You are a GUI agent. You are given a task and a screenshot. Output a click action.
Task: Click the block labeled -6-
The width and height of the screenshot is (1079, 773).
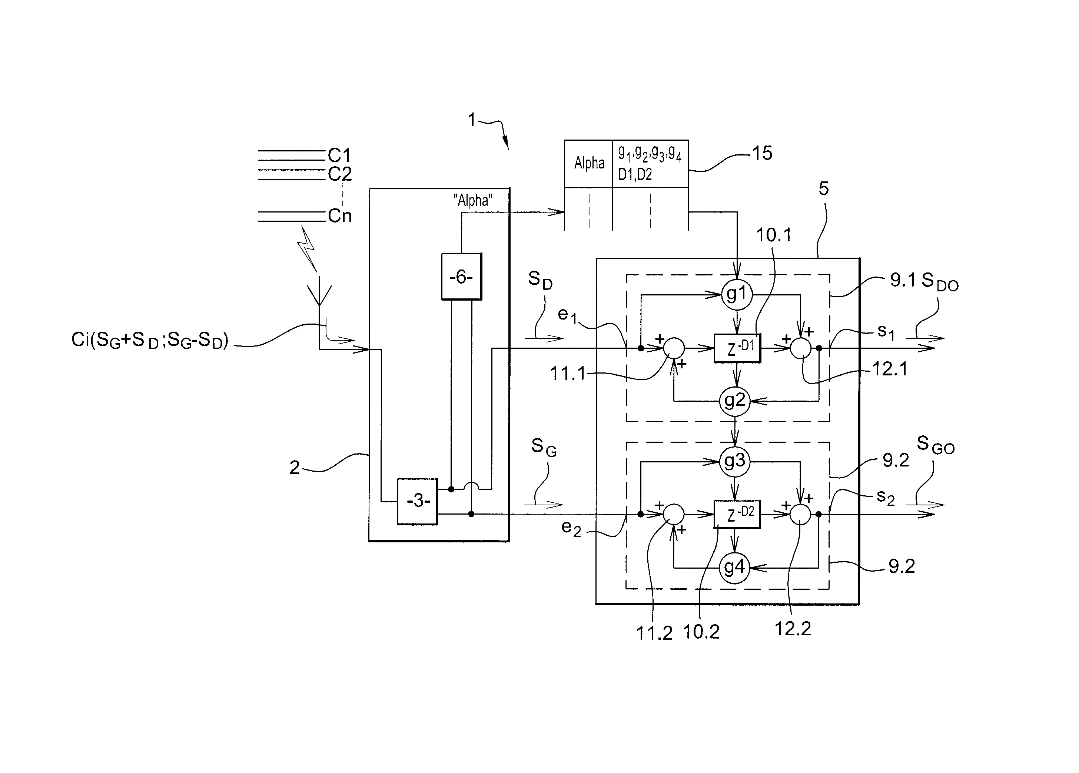[461, 276]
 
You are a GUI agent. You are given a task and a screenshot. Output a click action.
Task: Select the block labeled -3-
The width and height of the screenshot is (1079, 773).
[417, 501]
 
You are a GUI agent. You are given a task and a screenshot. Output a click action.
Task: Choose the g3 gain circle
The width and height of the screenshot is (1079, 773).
[734, 461]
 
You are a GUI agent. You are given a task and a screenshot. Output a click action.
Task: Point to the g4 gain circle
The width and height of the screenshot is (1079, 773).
[734, 567]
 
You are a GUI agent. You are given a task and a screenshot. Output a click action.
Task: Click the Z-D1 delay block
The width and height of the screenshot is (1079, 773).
[737, 348]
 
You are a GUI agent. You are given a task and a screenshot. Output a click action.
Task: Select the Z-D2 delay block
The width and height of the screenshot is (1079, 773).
[737, 514]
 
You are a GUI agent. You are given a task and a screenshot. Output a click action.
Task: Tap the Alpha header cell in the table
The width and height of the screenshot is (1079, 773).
[588, 164]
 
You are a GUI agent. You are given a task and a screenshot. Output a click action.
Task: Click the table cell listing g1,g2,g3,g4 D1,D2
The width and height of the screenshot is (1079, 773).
[650, 164]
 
